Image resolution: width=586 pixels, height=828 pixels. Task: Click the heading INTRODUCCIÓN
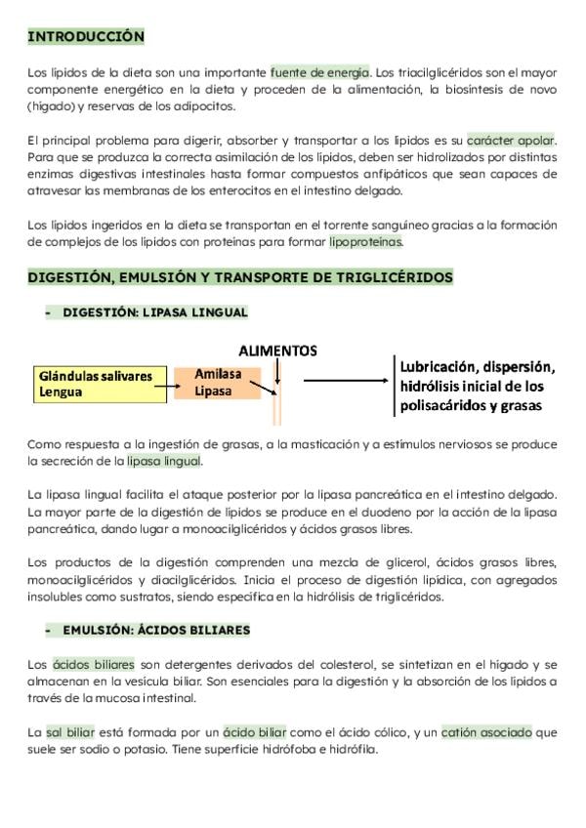tap(86, 37)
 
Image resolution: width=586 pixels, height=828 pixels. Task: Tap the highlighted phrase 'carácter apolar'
tap(511, 140)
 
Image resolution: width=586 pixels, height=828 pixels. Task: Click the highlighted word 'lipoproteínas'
tap(365, 241)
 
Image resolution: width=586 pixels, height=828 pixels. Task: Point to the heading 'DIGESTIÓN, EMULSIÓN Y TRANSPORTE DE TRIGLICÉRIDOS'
tap(240, 278)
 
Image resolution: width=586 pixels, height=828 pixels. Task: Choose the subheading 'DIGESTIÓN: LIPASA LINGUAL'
tap(154, 312)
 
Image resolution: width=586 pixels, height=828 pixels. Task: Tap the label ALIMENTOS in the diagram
tap(278, 349)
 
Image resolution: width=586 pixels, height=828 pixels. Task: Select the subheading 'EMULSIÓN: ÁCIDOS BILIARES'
tap(156, 630)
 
